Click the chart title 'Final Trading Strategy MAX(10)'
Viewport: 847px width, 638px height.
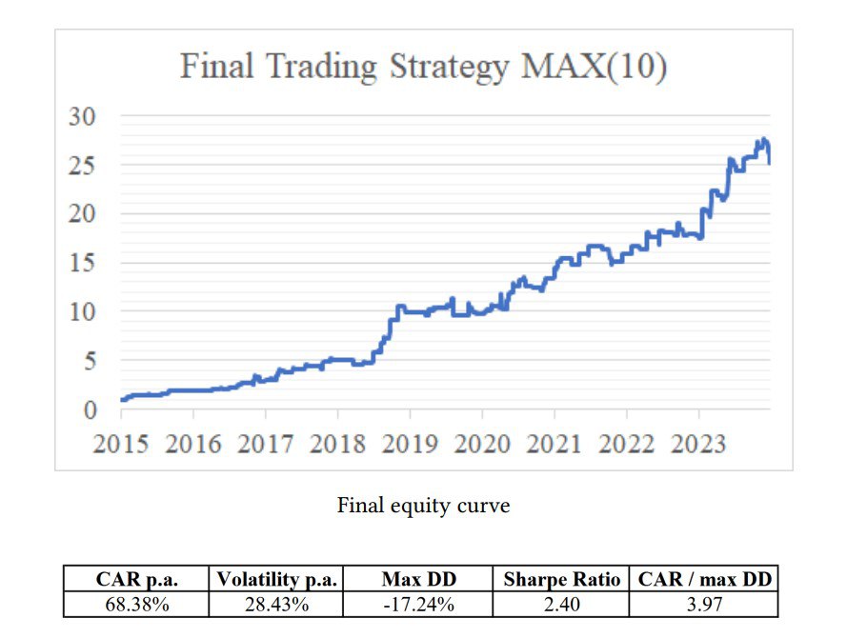tap(423, 68)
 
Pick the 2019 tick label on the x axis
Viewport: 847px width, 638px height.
tap(410, 444)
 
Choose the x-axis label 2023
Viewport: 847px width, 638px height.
tap(698, 444)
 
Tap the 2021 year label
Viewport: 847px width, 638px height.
tap(555, 444)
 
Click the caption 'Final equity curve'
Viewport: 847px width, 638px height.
tap(423, 506)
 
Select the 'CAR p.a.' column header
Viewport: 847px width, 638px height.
tap(137, 579)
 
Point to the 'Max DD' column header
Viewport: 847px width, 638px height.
tap(418, 579)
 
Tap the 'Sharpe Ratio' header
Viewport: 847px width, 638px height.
tap(562, 579)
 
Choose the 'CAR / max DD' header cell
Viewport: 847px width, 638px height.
tap(705, 579)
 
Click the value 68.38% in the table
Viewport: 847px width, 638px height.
tap(137, 604)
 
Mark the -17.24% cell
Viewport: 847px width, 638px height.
tap(418, 604)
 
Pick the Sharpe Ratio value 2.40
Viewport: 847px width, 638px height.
tap(562, 604)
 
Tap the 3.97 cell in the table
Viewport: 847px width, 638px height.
tap(705, 604)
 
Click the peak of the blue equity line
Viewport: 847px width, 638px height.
tap(764, 140)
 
